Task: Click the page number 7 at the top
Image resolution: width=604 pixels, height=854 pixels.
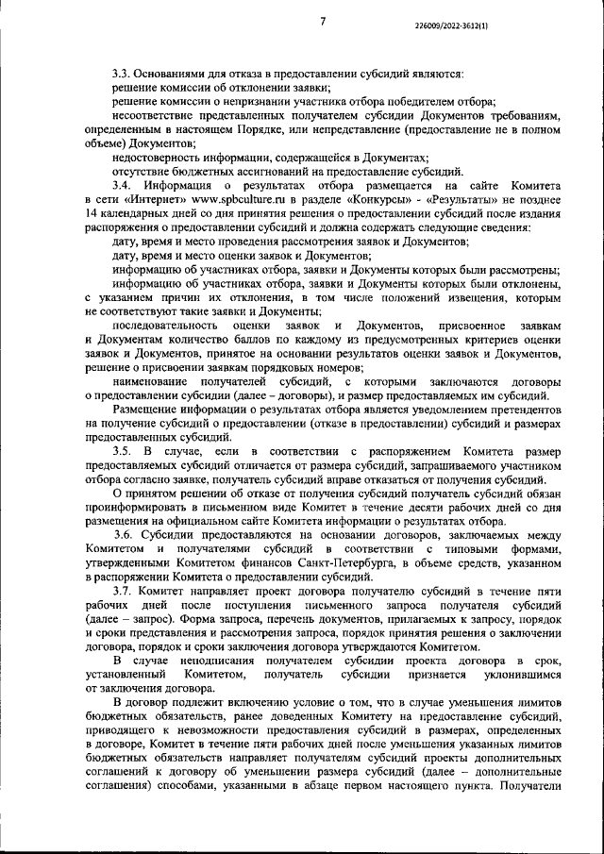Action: [x=322, y=21]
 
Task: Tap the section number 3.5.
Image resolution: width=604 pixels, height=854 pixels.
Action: [x=123, y=453]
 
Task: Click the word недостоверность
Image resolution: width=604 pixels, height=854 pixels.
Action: [x=156, y=158]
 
